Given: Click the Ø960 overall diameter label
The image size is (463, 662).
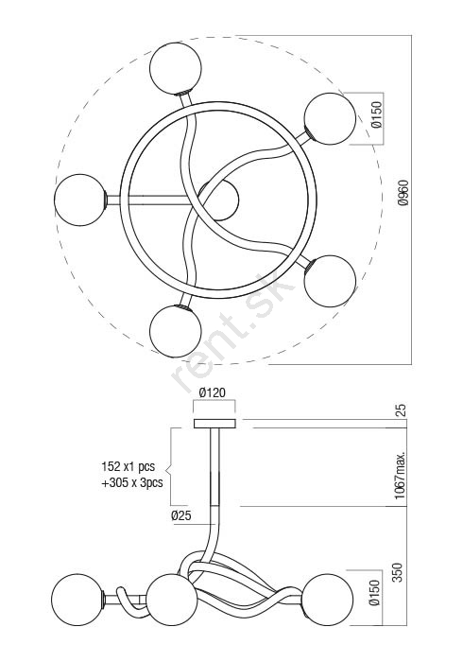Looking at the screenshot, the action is [x=403, y=193].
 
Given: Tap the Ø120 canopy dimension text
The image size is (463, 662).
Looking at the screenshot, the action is [x=213, y=392].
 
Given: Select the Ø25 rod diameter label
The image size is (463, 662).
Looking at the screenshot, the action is [x=181, y=515].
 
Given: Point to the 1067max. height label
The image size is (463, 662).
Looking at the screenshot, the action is [x=401, y=475].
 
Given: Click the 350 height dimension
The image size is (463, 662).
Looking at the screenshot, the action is [x=398, y=572].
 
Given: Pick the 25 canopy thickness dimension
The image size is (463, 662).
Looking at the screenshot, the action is [x=401, y=410].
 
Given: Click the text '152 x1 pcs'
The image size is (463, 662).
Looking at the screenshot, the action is [x=129, y=466].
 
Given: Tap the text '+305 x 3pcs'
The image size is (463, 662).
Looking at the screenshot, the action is [x=132, y=482].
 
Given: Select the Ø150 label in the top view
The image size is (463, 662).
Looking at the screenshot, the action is [x=377, y=114].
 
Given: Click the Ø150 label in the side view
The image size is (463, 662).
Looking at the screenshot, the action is [x=374, y=593].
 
